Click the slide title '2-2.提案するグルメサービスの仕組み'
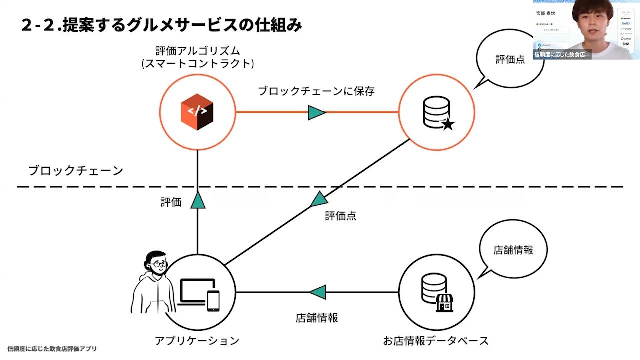(x=162, y=25)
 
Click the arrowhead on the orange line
(x=317, y=112)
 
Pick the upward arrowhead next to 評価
(x=198, y=200)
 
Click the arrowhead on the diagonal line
(x=319, y=200)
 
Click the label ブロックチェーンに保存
(x=316, y=91)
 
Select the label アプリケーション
(x=197, y=341)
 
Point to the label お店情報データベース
(x=436, y=341)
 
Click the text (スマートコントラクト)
(x=198, y=64)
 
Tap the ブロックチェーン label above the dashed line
(x=75, y=171)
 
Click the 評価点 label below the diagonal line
(x=340, y=216)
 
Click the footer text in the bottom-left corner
(x=52, y=349)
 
